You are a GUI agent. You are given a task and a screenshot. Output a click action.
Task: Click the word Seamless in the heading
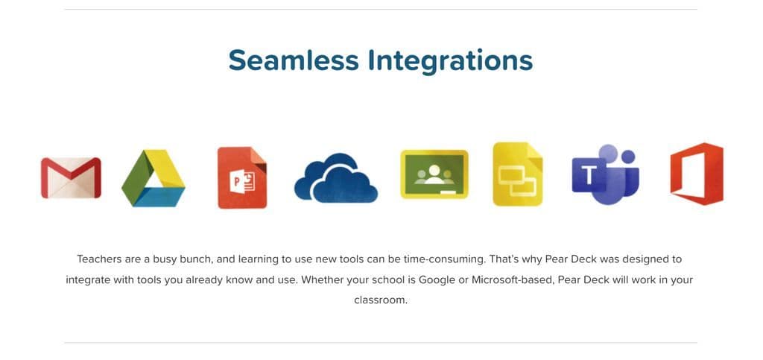(x=294, y=61)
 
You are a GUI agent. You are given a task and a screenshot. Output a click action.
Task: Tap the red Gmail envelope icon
(x=71, y=177)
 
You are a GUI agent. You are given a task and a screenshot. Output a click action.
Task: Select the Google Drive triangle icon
(x=153, y=178)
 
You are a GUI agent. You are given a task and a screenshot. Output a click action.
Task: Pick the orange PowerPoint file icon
(x=242, y=177)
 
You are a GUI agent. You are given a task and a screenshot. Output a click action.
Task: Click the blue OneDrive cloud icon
(x=336, y=178)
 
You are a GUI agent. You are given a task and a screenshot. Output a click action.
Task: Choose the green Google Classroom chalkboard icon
(x=434, y=174)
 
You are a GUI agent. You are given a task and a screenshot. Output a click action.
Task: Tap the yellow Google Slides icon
(x=518, y=174)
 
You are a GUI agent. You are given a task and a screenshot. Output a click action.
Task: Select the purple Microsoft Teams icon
(x=605, y=174)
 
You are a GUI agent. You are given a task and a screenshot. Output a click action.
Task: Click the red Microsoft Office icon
(x=697, y=174)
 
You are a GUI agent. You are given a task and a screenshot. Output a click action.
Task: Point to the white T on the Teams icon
(x=589, y=176)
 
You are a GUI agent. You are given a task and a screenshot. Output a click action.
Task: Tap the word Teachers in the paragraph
(x=99, y=259)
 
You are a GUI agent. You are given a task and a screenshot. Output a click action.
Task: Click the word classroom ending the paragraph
(x=379, y=300)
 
